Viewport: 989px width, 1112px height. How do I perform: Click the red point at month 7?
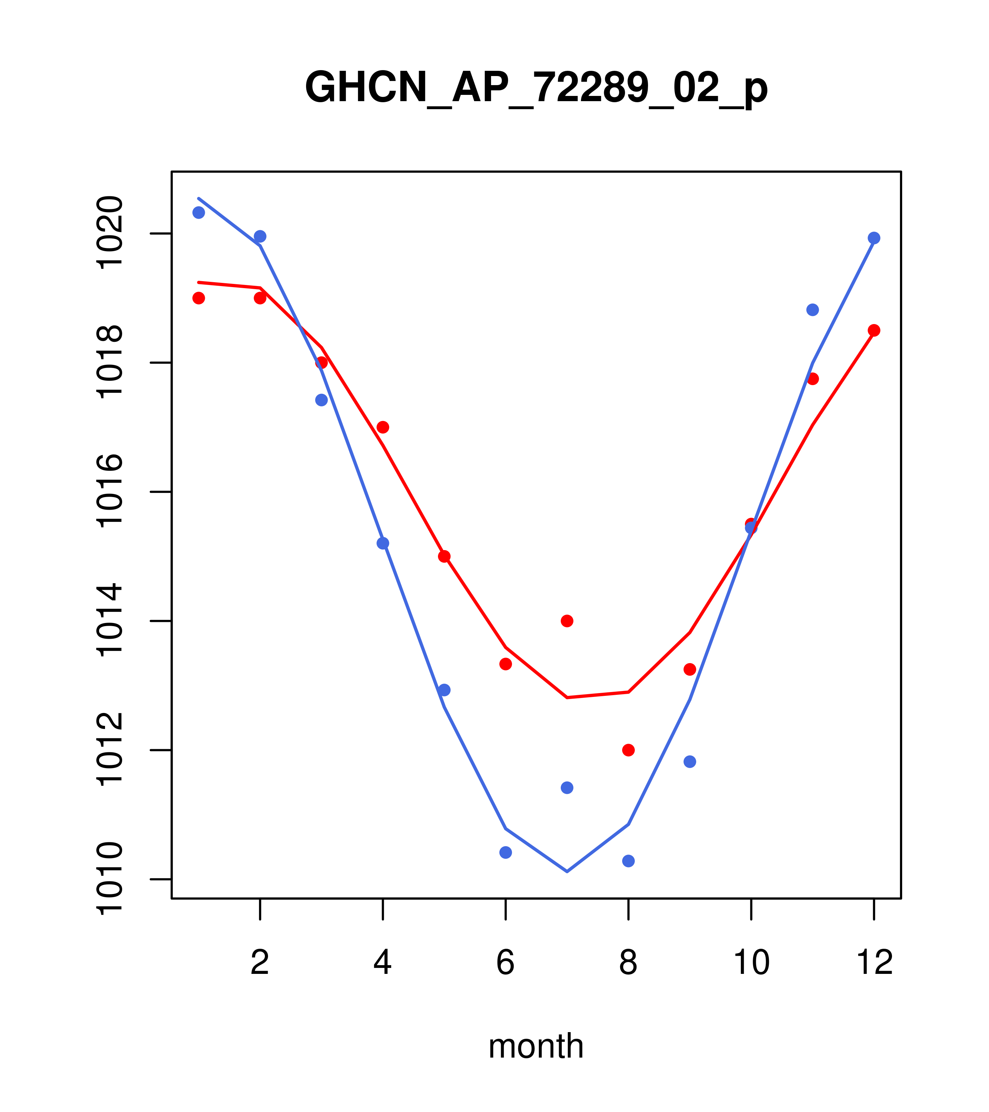(567, 621)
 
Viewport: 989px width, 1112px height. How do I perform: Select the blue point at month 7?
(567, 788)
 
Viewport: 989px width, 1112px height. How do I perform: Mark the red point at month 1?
(199, 298)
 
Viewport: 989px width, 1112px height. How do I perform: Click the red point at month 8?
(628, 750)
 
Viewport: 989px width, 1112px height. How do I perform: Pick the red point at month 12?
(874, 330)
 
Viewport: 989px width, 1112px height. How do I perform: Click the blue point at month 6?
(506, 852)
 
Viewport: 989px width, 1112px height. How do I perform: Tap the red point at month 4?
(383, 427)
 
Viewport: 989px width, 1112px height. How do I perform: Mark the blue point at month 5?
(444, 690)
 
